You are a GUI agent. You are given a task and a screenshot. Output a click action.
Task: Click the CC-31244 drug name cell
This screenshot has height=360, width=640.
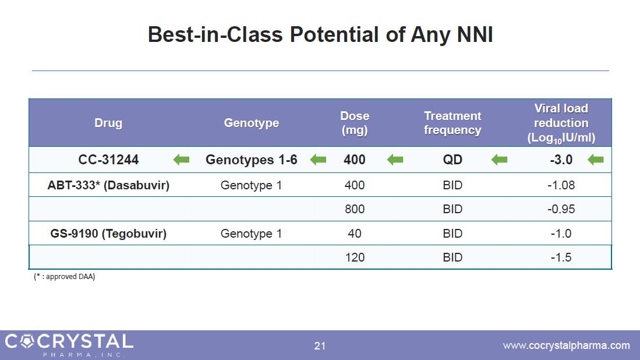tap(108, 160)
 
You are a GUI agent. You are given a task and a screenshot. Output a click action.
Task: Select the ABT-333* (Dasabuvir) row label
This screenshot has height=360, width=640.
tap(108, 185)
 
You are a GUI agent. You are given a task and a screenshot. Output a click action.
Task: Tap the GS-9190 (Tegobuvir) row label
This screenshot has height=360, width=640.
tap(108, 234)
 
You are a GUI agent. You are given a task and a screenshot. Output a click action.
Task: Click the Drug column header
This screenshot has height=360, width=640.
tap(108, 123)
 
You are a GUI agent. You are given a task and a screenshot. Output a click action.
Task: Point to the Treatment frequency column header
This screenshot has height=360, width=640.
tap(452, 123)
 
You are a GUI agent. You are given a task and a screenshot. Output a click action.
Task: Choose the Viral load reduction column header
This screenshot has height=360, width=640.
tap(561, 123)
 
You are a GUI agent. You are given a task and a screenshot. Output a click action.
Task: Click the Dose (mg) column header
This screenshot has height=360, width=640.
tap(354, 123)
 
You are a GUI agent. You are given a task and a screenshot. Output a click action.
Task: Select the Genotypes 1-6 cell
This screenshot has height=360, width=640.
tap(252, 160)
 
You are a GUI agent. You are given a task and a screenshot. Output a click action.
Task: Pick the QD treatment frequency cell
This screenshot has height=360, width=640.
tap(452, 160)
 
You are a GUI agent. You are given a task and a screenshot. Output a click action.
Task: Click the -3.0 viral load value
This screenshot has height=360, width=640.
tap(561, 160)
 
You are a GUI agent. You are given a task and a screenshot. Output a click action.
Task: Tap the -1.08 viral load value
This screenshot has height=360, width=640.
tap(561, 185)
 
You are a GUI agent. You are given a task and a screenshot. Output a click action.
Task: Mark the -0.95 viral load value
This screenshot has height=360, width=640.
tap(561, 209)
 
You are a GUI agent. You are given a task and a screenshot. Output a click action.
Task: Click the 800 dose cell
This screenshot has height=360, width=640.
tap(354, 209)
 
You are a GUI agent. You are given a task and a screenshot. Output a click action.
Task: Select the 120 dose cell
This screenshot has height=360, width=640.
tap(354, 257)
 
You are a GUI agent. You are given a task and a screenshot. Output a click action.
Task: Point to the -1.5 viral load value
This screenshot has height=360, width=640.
tap(561, 257)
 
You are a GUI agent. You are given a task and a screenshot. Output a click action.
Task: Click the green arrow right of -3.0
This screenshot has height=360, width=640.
tap(596, 160)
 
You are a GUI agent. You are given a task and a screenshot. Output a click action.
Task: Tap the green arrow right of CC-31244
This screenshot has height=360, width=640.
tap(181, 160)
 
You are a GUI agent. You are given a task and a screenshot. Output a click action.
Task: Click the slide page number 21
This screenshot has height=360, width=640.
tap(320, 346)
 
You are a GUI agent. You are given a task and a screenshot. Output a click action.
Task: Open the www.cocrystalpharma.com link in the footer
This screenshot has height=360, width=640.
tap(566, 345)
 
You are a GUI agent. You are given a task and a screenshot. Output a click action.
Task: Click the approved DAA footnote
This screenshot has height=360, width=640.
tap(65, 277)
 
